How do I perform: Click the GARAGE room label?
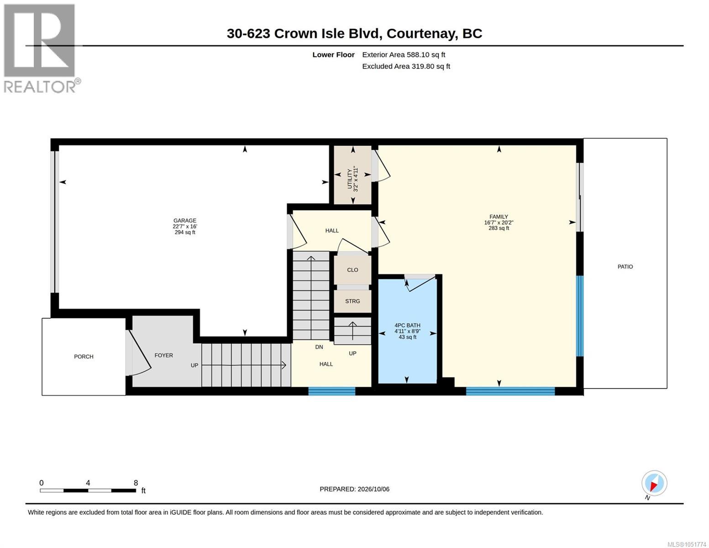(185, 221)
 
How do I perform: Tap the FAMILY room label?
(499, 217)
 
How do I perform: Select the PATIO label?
(625, 267)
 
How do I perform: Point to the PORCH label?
(84, 356)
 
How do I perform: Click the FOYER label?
(163, 355)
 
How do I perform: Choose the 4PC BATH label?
(407, 325)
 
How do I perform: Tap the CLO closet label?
(352, 270)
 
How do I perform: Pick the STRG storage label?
(352, 301)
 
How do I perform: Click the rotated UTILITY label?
(350, 179)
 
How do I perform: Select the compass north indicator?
(654, 483)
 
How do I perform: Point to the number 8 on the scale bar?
(136, 483)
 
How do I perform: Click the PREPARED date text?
(354, 489)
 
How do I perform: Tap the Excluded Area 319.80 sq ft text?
(406, 66)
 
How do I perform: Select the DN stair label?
(319, 347)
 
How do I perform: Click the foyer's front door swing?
(138, 353)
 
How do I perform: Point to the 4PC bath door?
(420, 283)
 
